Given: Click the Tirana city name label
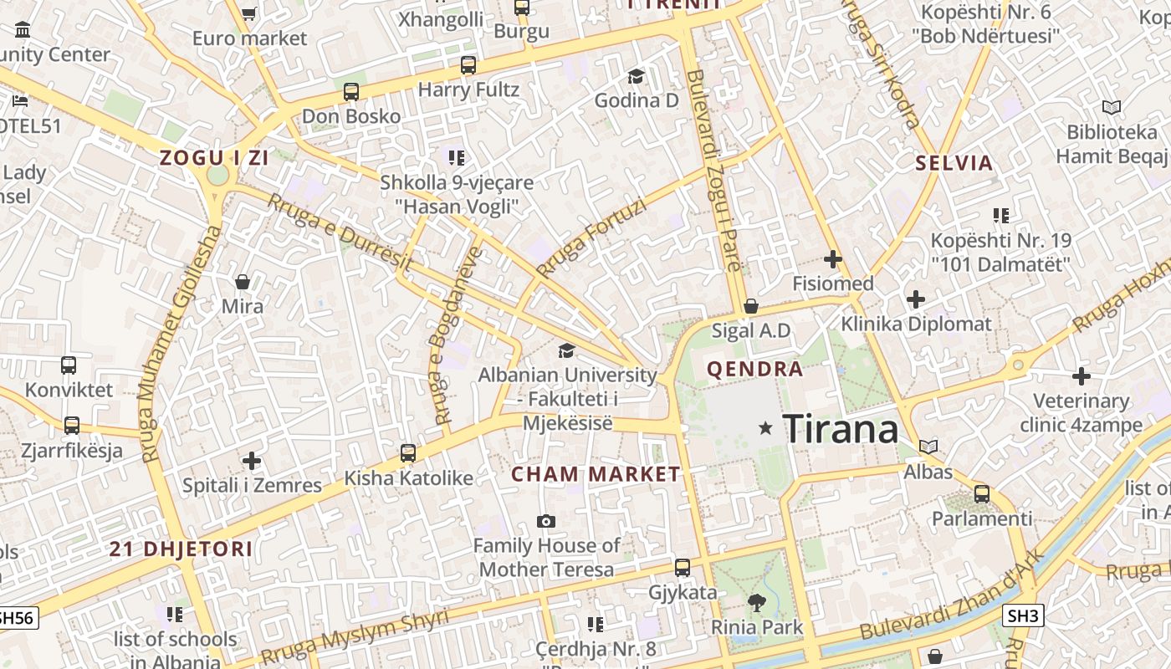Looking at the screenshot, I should click(840, 429).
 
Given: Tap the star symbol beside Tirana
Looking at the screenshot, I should click(764, 428).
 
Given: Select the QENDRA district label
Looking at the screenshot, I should click(754, 369).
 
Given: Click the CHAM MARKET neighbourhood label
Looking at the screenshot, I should click(596, 474).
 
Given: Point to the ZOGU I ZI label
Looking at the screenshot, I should click(214, 157).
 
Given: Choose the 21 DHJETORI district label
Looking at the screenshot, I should click(181, 549).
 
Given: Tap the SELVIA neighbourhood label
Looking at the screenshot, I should click(954, 162).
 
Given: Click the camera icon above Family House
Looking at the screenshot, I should click(545, 521).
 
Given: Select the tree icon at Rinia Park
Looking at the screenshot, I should click(756, 602).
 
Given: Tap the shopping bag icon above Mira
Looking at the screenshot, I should click(243, 281).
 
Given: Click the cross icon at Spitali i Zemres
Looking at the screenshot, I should click(252, 461).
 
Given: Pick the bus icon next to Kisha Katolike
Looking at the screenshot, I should click(407, 453).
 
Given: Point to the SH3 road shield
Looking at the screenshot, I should click(1023, 616).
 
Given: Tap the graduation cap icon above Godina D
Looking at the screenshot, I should click(636, 76).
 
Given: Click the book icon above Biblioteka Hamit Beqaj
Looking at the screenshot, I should click(1111, 107).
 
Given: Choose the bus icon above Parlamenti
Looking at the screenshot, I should click(982, 493).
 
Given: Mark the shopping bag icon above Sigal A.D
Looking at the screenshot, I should click(750, 306).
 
